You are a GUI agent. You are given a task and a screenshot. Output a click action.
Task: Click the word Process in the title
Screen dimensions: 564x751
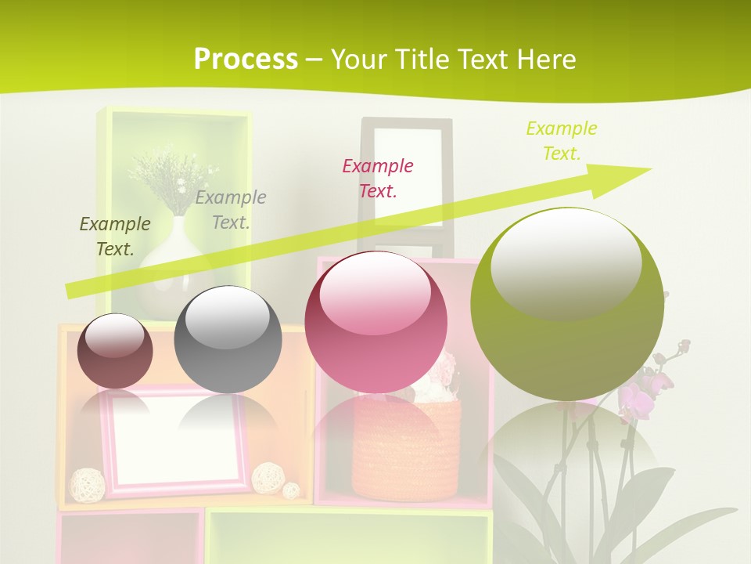(246, 60)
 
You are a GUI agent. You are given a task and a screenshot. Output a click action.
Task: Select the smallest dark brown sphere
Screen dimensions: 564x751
(115, 352)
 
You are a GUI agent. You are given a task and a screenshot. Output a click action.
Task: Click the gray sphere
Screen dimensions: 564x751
(228, 339)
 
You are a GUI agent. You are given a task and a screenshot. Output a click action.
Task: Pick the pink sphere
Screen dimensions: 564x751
(375, 323)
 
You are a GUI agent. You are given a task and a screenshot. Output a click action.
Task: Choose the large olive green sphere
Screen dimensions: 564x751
(567, 304)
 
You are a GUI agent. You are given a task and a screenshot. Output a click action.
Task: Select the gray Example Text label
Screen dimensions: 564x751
(231, 210)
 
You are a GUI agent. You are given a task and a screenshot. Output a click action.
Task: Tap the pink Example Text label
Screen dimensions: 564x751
(378, 179)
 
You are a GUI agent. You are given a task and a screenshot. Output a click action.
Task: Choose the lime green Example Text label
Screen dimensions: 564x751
(562, 141)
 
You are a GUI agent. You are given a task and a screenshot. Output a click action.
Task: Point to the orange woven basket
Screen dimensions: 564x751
(407, 446)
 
